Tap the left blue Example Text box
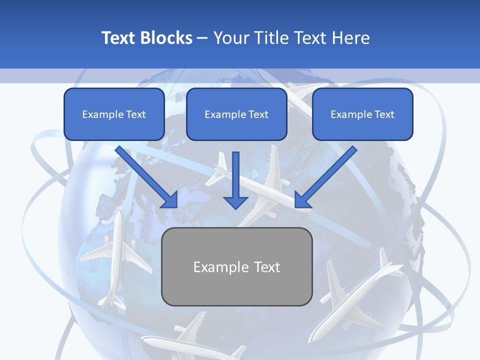coord(114,114)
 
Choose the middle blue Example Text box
coord(236,114)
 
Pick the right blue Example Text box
coord(362,114)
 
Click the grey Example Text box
coord(236,267)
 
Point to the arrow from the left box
coord(146,176)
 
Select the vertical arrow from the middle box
coord(236,180)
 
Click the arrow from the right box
coord(325,176)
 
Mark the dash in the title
coord(203,38)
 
